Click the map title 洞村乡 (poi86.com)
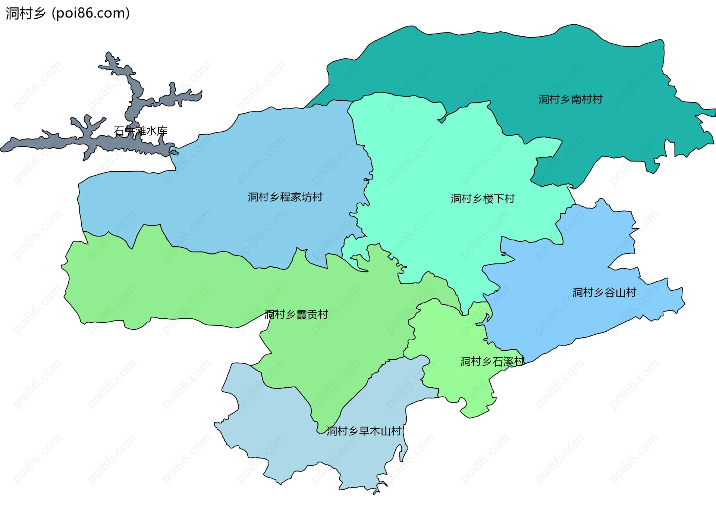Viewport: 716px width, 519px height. (67, 13)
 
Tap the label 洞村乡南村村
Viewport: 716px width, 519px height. (570, 99)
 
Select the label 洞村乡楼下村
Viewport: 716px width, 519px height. (483, 198)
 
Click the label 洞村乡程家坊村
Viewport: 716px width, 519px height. (285, 197)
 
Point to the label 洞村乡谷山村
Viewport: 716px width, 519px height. (604, 293)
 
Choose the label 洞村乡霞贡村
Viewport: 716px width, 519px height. (296, 315)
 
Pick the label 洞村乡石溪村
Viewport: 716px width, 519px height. (492, 361)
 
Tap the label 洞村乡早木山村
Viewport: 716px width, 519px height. (364, 431)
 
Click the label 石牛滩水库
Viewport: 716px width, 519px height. (141, 131)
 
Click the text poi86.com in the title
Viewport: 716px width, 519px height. (91, 13)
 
